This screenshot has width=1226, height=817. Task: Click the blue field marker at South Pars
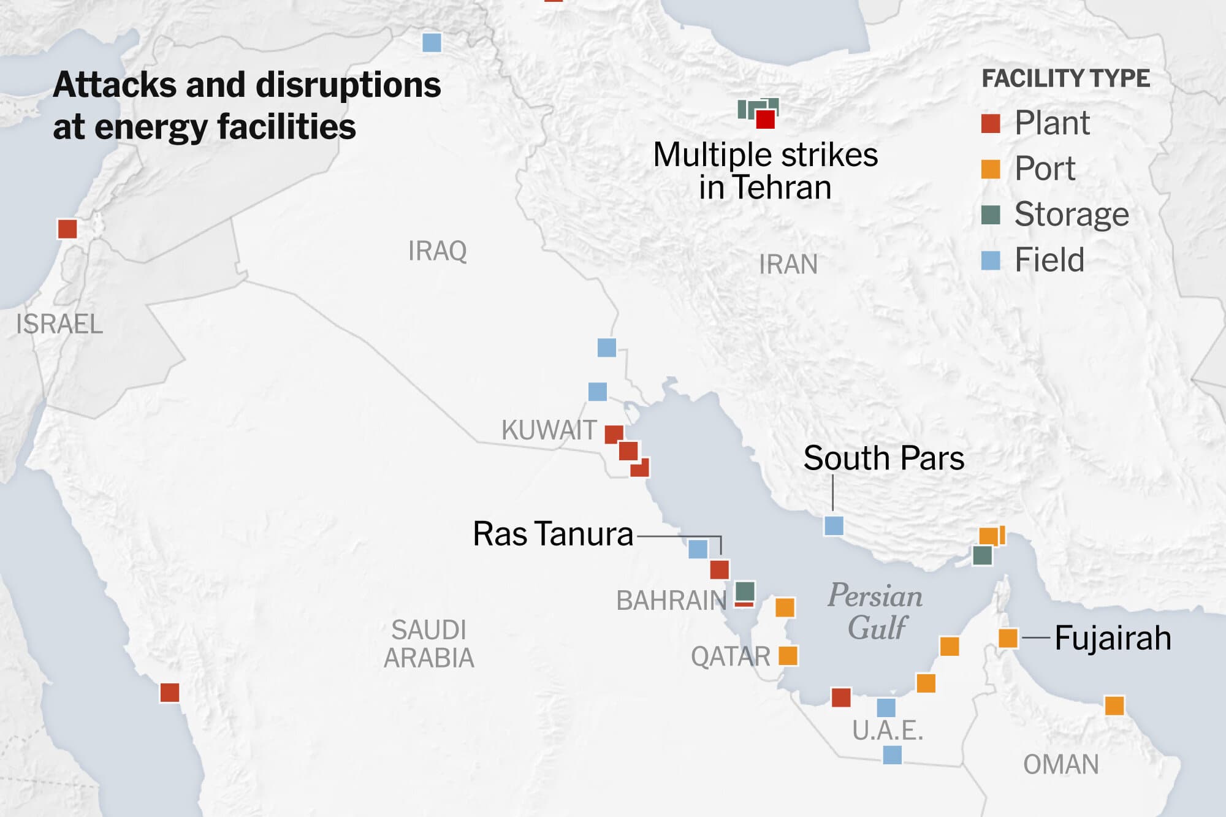click(833, 525)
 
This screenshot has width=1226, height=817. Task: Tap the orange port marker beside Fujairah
click(1008, 638)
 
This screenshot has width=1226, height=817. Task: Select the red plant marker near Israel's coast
click(67, 229)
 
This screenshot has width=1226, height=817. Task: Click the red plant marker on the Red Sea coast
click(170, 693)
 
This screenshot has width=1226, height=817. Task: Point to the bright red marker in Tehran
click(765, 119)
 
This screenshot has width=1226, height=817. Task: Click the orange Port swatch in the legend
click(991, 169)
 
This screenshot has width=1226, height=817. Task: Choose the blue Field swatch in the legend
click(991, 260)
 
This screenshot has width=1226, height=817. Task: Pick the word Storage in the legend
click(1071, 214)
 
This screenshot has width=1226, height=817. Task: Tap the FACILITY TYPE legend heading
click(1065, 78)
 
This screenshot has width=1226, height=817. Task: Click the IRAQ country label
click(437, 251)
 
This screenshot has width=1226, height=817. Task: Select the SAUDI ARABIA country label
click(429, 644)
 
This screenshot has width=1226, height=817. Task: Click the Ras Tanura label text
click(553, 534)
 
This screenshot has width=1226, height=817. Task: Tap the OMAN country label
click(1060, 764)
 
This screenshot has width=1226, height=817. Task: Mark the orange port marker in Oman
click(1114, 705)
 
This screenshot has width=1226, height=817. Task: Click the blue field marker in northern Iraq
click(432, 42)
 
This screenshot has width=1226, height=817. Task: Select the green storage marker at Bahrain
click(745, 591)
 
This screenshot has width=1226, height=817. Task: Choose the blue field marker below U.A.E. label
click(892, 754)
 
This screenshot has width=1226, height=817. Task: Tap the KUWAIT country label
click(549, 430)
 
